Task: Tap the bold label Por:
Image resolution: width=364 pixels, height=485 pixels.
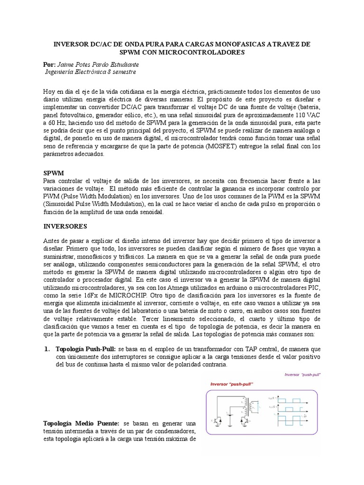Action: [x=49, y=64]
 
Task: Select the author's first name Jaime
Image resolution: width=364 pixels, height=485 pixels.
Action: [x=67, y=64]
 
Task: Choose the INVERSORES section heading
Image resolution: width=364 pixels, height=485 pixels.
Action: [x=65, y=226]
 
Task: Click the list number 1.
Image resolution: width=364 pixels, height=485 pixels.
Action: [x=47, y=349]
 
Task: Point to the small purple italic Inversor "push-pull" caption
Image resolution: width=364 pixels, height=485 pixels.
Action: [x=302, y=374]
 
